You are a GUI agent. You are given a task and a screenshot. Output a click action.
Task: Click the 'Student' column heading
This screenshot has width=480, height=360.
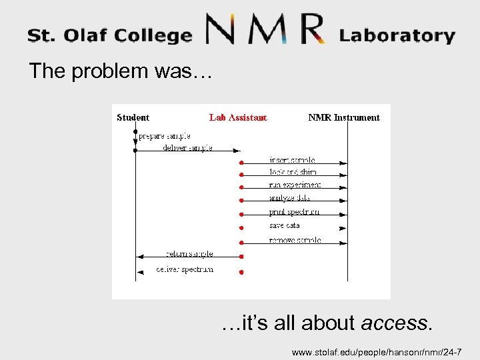133,117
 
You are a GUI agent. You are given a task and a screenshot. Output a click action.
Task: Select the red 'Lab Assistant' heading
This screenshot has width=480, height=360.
238,117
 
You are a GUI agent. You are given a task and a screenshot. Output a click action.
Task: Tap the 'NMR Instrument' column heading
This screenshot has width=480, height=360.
343,117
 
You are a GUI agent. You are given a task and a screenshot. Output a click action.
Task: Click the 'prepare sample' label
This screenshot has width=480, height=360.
164,135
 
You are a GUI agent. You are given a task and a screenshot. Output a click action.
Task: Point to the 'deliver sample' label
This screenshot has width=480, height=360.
187,147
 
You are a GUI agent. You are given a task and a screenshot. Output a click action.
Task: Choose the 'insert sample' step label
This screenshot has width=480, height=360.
292,160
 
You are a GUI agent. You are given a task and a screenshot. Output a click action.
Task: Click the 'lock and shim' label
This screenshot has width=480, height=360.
293,172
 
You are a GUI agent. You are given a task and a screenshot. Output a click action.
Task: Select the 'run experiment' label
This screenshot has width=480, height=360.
295,185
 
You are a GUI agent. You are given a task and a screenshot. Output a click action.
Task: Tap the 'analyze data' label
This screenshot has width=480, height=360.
289,198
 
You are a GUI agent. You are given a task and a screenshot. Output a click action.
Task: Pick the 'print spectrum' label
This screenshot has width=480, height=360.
294,212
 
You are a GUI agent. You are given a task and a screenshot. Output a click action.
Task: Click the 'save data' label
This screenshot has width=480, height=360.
285,226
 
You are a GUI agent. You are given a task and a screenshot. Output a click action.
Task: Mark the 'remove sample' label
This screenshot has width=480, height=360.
295,240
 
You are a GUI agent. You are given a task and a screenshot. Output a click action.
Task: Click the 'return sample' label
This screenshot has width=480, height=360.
189,254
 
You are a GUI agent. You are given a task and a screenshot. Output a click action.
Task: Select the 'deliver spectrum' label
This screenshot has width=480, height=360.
185,269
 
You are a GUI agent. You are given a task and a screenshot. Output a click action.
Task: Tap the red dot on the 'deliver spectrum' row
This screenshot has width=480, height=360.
241,272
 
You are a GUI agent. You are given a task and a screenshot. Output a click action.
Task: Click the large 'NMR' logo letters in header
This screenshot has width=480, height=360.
265,30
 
